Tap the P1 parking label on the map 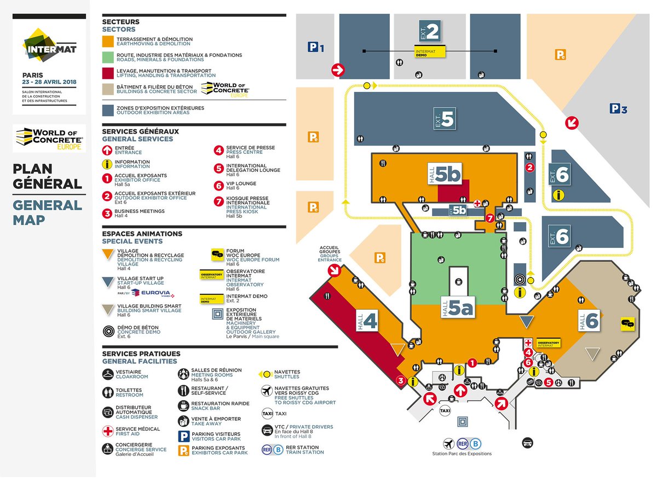click(316, 48)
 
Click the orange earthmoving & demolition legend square click(108, 42)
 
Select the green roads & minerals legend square click(108, 57)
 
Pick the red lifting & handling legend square click(108, 73)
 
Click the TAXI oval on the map click(445, 410)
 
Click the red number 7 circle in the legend click(218, 200)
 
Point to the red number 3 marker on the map click(401, 381)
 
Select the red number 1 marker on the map click(472, 362)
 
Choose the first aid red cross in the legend click(108, 431)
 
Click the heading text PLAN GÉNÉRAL click(48, 176)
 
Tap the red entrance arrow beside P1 click(338, 70)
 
